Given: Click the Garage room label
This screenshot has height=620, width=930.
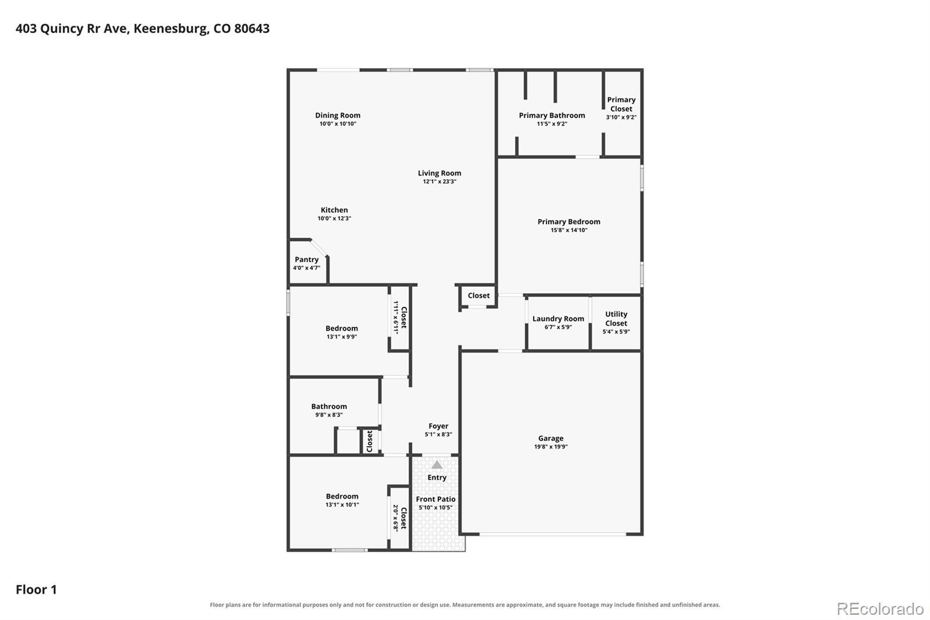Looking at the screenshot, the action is point(550,438).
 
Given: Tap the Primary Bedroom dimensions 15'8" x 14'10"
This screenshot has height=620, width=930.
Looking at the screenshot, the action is point(569,230).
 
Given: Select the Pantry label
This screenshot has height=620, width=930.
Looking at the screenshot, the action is point(306,259).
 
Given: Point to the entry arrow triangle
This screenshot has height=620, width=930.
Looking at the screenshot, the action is point(437,465).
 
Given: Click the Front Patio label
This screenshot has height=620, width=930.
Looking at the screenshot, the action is point(435,499).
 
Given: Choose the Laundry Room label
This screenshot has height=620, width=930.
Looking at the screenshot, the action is point(558,319).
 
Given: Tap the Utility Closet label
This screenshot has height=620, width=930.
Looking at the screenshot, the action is point(616,319).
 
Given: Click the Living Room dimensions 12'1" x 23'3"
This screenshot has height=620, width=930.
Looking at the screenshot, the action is point(439,181).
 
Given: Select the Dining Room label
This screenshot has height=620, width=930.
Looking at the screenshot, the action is point(338,116).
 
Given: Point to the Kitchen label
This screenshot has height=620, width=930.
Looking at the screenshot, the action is point(334,211).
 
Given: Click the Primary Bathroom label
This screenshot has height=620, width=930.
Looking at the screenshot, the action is point(552,116).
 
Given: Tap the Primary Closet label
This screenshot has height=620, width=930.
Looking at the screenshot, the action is point(621,104).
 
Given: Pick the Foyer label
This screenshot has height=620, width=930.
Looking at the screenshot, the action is point(438,426).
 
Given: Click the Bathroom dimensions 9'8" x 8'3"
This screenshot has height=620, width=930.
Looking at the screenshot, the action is point(329,415).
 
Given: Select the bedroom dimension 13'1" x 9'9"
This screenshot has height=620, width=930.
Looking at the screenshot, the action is point(342,337).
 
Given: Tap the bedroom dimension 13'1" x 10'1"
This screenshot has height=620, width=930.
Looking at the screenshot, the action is point(342,505).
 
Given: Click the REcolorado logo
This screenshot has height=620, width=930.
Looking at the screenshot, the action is point(880,609).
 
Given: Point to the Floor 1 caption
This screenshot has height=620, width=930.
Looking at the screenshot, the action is point(36,590).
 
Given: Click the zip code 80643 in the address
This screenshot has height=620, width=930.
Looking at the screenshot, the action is point(252,28).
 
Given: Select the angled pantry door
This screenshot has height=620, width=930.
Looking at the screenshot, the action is point(319,248).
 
